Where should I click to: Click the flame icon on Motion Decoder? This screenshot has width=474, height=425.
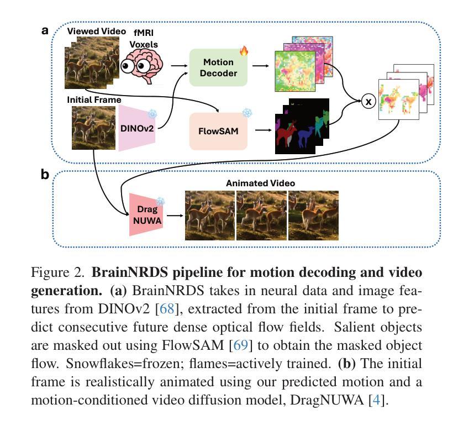coord(244,51)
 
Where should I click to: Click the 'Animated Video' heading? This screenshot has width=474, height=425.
coord(261,183)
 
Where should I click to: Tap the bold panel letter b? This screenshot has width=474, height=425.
coord(45,175)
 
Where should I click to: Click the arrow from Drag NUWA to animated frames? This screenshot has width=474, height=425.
coord(175,216)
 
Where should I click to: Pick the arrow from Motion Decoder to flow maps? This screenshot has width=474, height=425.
coord(261,66)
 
